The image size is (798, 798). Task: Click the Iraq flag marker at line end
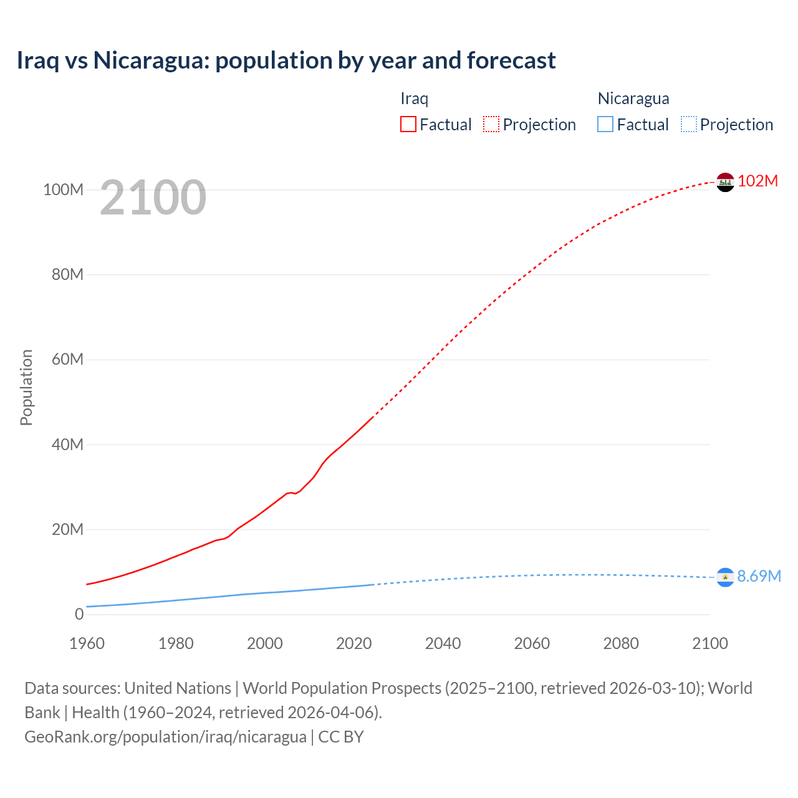coord(725,182)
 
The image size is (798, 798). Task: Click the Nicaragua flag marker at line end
coord(725,578)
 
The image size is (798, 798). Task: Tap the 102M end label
coord(758,181)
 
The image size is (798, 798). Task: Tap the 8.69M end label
coord(759,576)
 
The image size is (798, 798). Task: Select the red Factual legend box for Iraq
coord(408,125)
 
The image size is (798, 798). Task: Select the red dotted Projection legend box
coord(491,125)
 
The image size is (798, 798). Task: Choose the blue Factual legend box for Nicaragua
coord(605,125)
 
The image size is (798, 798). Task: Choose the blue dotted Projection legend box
coord(688,125)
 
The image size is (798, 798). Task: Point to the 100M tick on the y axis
coord(63,190)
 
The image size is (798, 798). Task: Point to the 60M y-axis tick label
coord(67,359)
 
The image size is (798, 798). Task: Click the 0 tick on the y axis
coord(79,614)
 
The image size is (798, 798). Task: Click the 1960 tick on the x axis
coord(87,643)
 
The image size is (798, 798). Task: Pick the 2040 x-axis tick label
coord(443,643)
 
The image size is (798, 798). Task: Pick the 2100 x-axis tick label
coord(709,643)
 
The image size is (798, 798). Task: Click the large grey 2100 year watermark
coord(153,198)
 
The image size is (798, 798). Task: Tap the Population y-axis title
coord(26,387)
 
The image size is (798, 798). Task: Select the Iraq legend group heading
coord(414,99)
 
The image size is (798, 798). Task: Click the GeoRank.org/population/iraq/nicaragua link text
coord(165,736)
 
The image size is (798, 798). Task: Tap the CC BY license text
coord(341,736)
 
